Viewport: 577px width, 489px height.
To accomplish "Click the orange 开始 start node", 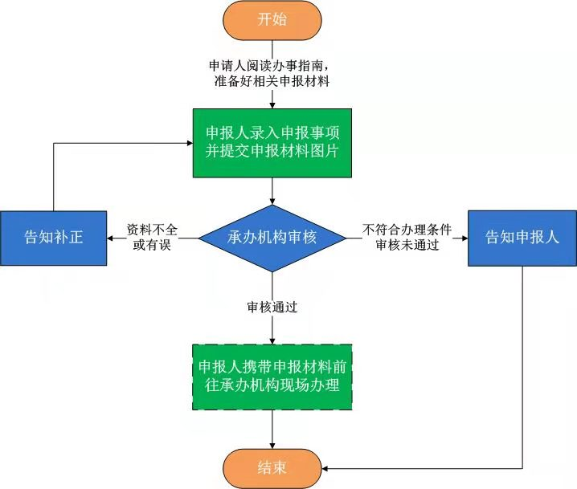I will [x=272, y=20].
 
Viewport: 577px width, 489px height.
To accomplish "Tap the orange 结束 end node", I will [x=272, y=467].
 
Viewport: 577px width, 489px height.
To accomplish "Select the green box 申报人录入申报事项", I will [x=272, y=142].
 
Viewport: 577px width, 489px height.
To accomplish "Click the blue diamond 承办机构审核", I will [x=272, y=238].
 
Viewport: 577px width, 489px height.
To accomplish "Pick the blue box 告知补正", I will [x=54, y=238].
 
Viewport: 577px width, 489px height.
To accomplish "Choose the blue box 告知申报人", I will [x=522, y=238].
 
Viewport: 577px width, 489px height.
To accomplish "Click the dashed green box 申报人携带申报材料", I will [x=272, y=377].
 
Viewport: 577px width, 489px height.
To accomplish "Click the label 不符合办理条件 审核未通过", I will [x=407, y=238].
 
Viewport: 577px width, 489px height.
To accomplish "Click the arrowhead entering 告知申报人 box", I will [x=464, y=238].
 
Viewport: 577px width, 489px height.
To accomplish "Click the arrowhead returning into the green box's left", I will [x=187, y=143].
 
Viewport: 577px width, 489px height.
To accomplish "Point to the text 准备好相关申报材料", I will [x=272, y=81].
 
